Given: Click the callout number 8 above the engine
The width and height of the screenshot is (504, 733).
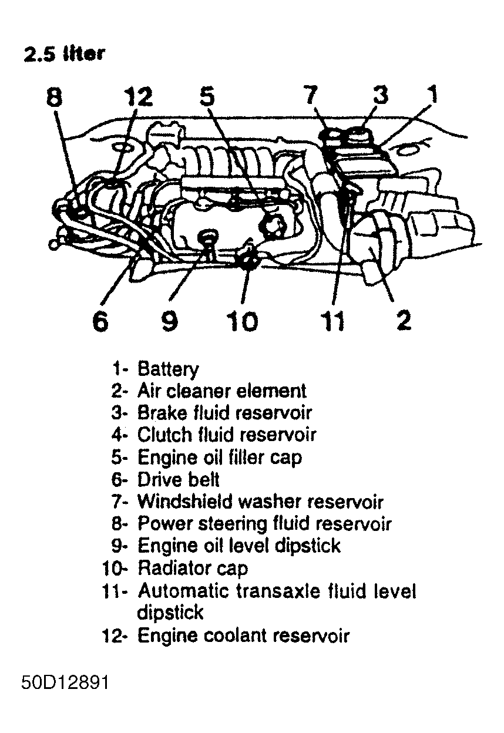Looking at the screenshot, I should [53, 96].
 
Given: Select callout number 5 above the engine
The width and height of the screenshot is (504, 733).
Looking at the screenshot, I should [208, 96].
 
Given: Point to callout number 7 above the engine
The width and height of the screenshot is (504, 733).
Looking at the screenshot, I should [311, 94].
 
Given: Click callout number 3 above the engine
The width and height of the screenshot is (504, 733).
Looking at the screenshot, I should [381, 94].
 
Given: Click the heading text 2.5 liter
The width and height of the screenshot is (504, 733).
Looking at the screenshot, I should [64, 54].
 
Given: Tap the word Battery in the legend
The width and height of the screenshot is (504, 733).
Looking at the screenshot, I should [168, 369].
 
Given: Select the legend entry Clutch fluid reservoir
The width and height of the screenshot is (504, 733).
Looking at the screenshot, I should [226, 435].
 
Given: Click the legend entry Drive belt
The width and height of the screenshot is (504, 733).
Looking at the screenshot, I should [178, 479].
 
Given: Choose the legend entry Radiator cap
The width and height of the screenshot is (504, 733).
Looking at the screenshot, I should [192, 568].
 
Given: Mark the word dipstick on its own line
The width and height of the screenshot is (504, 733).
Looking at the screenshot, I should [170, 613].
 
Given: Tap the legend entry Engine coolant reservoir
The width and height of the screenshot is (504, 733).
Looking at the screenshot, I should [243, 636].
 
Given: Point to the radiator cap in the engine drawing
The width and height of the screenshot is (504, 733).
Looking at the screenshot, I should [247, 259].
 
